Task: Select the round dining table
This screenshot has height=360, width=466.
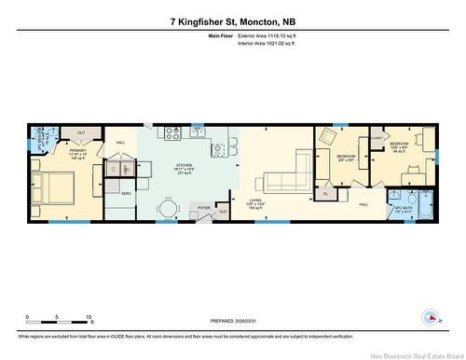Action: coord(168,207)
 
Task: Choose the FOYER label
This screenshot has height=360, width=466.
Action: coord(203,207)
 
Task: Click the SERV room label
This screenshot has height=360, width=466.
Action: coord(126,193)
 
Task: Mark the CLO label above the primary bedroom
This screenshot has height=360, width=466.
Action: coord(81,132)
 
